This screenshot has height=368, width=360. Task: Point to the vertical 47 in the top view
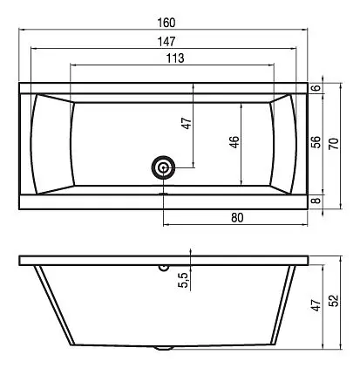pyautogui.click(x=184, y=124)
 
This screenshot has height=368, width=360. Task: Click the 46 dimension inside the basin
pyautogui.click(x=234, y=143)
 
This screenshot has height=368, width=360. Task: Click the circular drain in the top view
pyautogui.click(x=163, y=167)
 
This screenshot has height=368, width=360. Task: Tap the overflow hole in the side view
pyautogui.click(x=163, y=268)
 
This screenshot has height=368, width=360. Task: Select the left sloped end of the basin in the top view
pyautogui.click(x=51, y=143)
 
